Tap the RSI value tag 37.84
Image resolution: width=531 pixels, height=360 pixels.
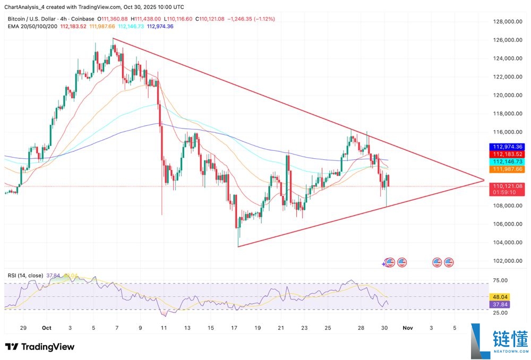tap(501, 305)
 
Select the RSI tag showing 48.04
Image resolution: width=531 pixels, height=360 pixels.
tap(501, 297)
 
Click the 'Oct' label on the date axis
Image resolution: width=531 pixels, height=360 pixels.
tap(47, 329)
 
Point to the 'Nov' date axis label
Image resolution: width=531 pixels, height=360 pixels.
tap(408, 329)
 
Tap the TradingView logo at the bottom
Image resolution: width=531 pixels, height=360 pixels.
tap(40, 347)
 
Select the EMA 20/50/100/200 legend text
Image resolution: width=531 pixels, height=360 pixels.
tap(33, 25)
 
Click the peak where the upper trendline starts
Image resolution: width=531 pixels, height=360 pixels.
tap(113, 39)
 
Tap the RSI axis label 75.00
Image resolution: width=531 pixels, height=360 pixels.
tap(501, 280)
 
